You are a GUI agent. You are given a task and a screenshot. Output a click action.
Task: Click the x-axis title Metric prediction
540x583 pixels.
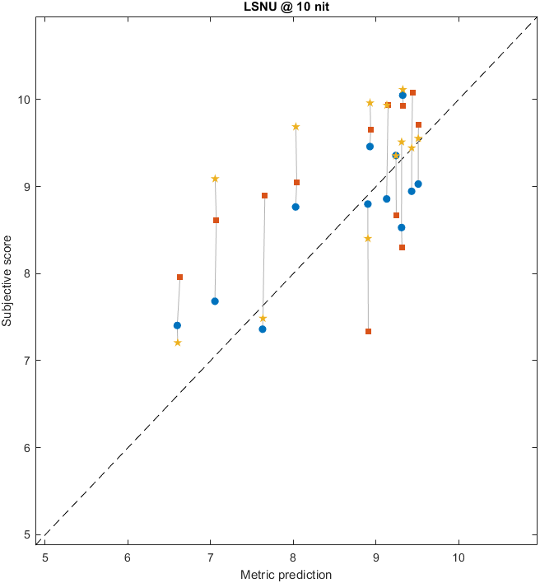click(286, 575)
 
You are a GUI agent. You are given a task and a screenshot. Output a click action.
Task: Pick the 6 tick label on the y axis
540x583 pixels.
click(28, 448)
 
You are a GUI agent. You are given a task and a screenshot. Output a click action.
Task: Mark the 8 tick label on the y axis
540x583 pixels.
click(28, 273)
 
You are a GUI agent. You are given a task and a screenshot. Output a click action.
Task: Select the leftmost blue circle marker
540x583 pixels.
click(177, 325)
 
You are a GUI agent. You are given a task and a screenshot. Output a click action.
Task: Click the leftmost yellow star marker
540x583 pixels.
click(178, 343)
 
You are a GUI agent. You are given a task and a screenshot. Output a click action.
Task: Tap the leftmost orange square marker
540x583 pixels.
click(179, 278)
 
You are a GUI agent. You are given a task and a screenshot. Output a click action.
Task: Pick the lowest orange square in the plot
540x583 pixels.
click(368, 332)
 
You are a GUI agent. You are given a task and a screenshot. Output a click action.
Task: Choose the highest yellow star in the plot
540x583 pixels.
click(403, 90)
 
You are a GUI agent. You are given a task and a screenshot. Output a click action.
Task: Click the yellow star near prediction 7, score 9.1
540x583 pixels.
click(215, 179)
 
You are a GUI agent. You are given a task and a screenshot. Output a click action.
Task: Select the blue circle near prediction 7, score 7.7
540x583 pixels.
click(215, 301)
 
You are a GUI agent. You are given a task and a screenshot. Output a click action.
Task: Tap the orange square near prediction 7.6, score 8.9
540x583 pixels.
click(264, 196)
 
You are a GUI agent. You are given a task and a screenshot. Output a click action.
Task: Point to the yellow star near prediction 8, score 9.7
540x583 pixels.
click(296, 127)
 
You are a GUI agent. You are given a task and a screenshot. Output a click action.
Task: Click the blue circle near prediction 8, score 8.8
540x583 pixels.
click(296, 207)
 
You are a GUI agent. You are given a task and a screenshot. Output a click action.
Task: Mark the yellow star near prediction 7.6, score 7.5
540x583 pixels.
click(263, 319)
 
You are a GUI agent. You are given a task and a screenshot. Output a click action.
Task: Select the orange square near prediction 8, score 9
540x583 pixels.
click(296, 183)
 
